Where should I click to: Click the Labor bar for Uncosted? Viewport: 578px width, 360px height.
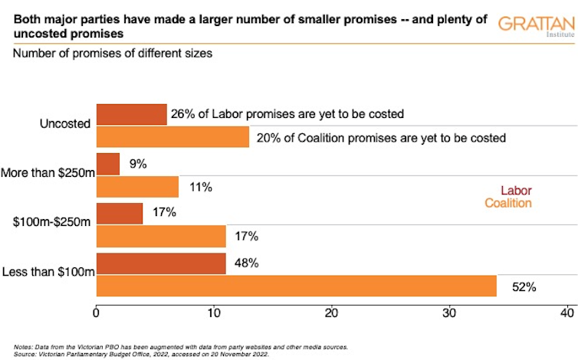click(x=131, y=114)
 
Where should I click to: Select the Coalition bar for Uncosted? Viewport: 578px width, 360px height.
click(x=172, y=137)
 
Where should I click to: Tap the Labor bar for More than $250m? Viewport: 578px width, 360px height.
click(x=108, y=164)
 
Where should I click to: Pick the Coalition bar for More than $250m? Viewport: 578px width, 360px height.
click(x=137, y=187)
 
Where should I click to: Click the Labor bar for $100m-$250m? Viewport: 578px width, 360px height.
click(x=120, y=214)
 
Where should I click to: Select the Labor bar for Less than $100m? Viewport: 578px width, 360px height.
click(x=161, y=263)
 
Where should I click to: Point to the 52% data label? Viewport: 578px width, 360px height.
click(x=524, y=288)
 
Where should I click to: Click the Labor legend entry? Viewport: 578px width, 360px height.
click(x=516, y=191)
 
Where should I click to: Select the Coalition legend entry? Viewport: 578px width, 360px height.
click(x=507, y=204)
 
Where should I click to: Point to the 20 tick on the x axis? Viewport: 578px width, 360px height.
click(x=332, y=313)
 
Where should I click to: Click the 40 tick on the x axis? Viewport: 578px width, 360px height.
click(x=567, y=313)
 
